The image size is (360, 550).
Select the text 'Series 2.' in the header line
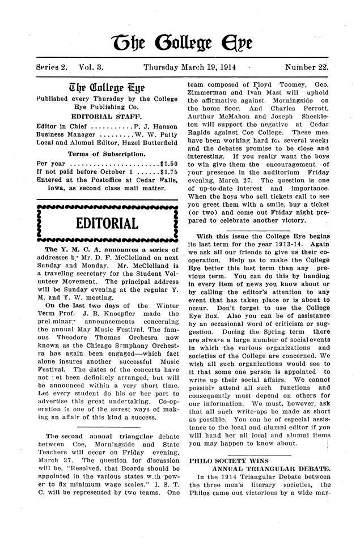click(52, 66)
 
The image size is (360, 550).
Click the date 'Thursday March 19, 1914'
click(190, 66)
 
